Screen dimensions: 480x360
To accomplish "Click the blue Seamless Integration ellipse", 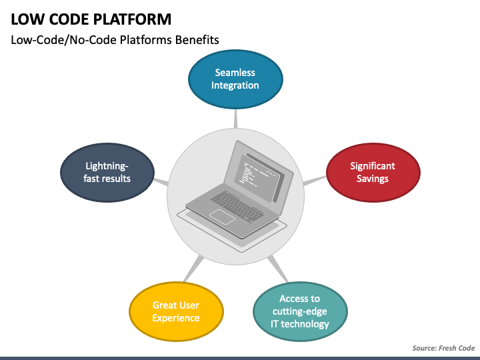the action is tap(235, 79).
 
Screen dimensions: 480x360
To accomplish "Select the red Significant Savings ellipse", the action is tap(373, 173).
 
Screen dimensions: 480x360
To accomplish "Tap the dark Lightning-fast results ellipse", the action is tap(107, 173).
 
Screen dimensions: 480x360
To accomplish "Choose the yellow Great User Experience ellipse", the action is tap(176, 311).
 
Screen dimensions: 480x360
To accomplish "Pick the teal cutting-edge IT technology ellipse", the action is tap(300, 311).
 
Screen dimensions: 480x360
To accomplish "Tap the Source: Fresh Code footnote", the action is tap(443, 348).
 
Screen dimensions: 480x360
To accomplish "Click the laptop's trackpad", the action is tap(222, 217).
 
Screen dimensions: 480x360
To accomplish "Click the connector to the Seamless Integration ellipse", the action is tap(235, 119).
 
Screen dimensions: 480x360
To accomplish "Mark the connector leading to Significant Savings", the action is tap(315, 181).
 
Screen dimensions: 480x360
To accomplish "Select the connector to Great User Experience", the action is tap(194, 269).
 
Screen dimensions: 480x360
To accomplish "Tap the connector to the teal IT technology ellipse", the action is tap(278, 269).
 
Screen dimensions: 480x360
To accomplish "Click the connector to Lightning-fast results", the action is tap(161, 182).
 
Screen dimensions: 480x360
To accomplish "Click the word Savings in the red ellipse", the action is tap(373, 179).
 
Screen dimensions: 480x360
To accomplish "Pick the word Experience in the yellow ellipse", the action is tap(176, 318).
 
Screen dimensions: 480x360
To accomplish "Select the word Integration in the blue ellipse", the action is tap(235, 85).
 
